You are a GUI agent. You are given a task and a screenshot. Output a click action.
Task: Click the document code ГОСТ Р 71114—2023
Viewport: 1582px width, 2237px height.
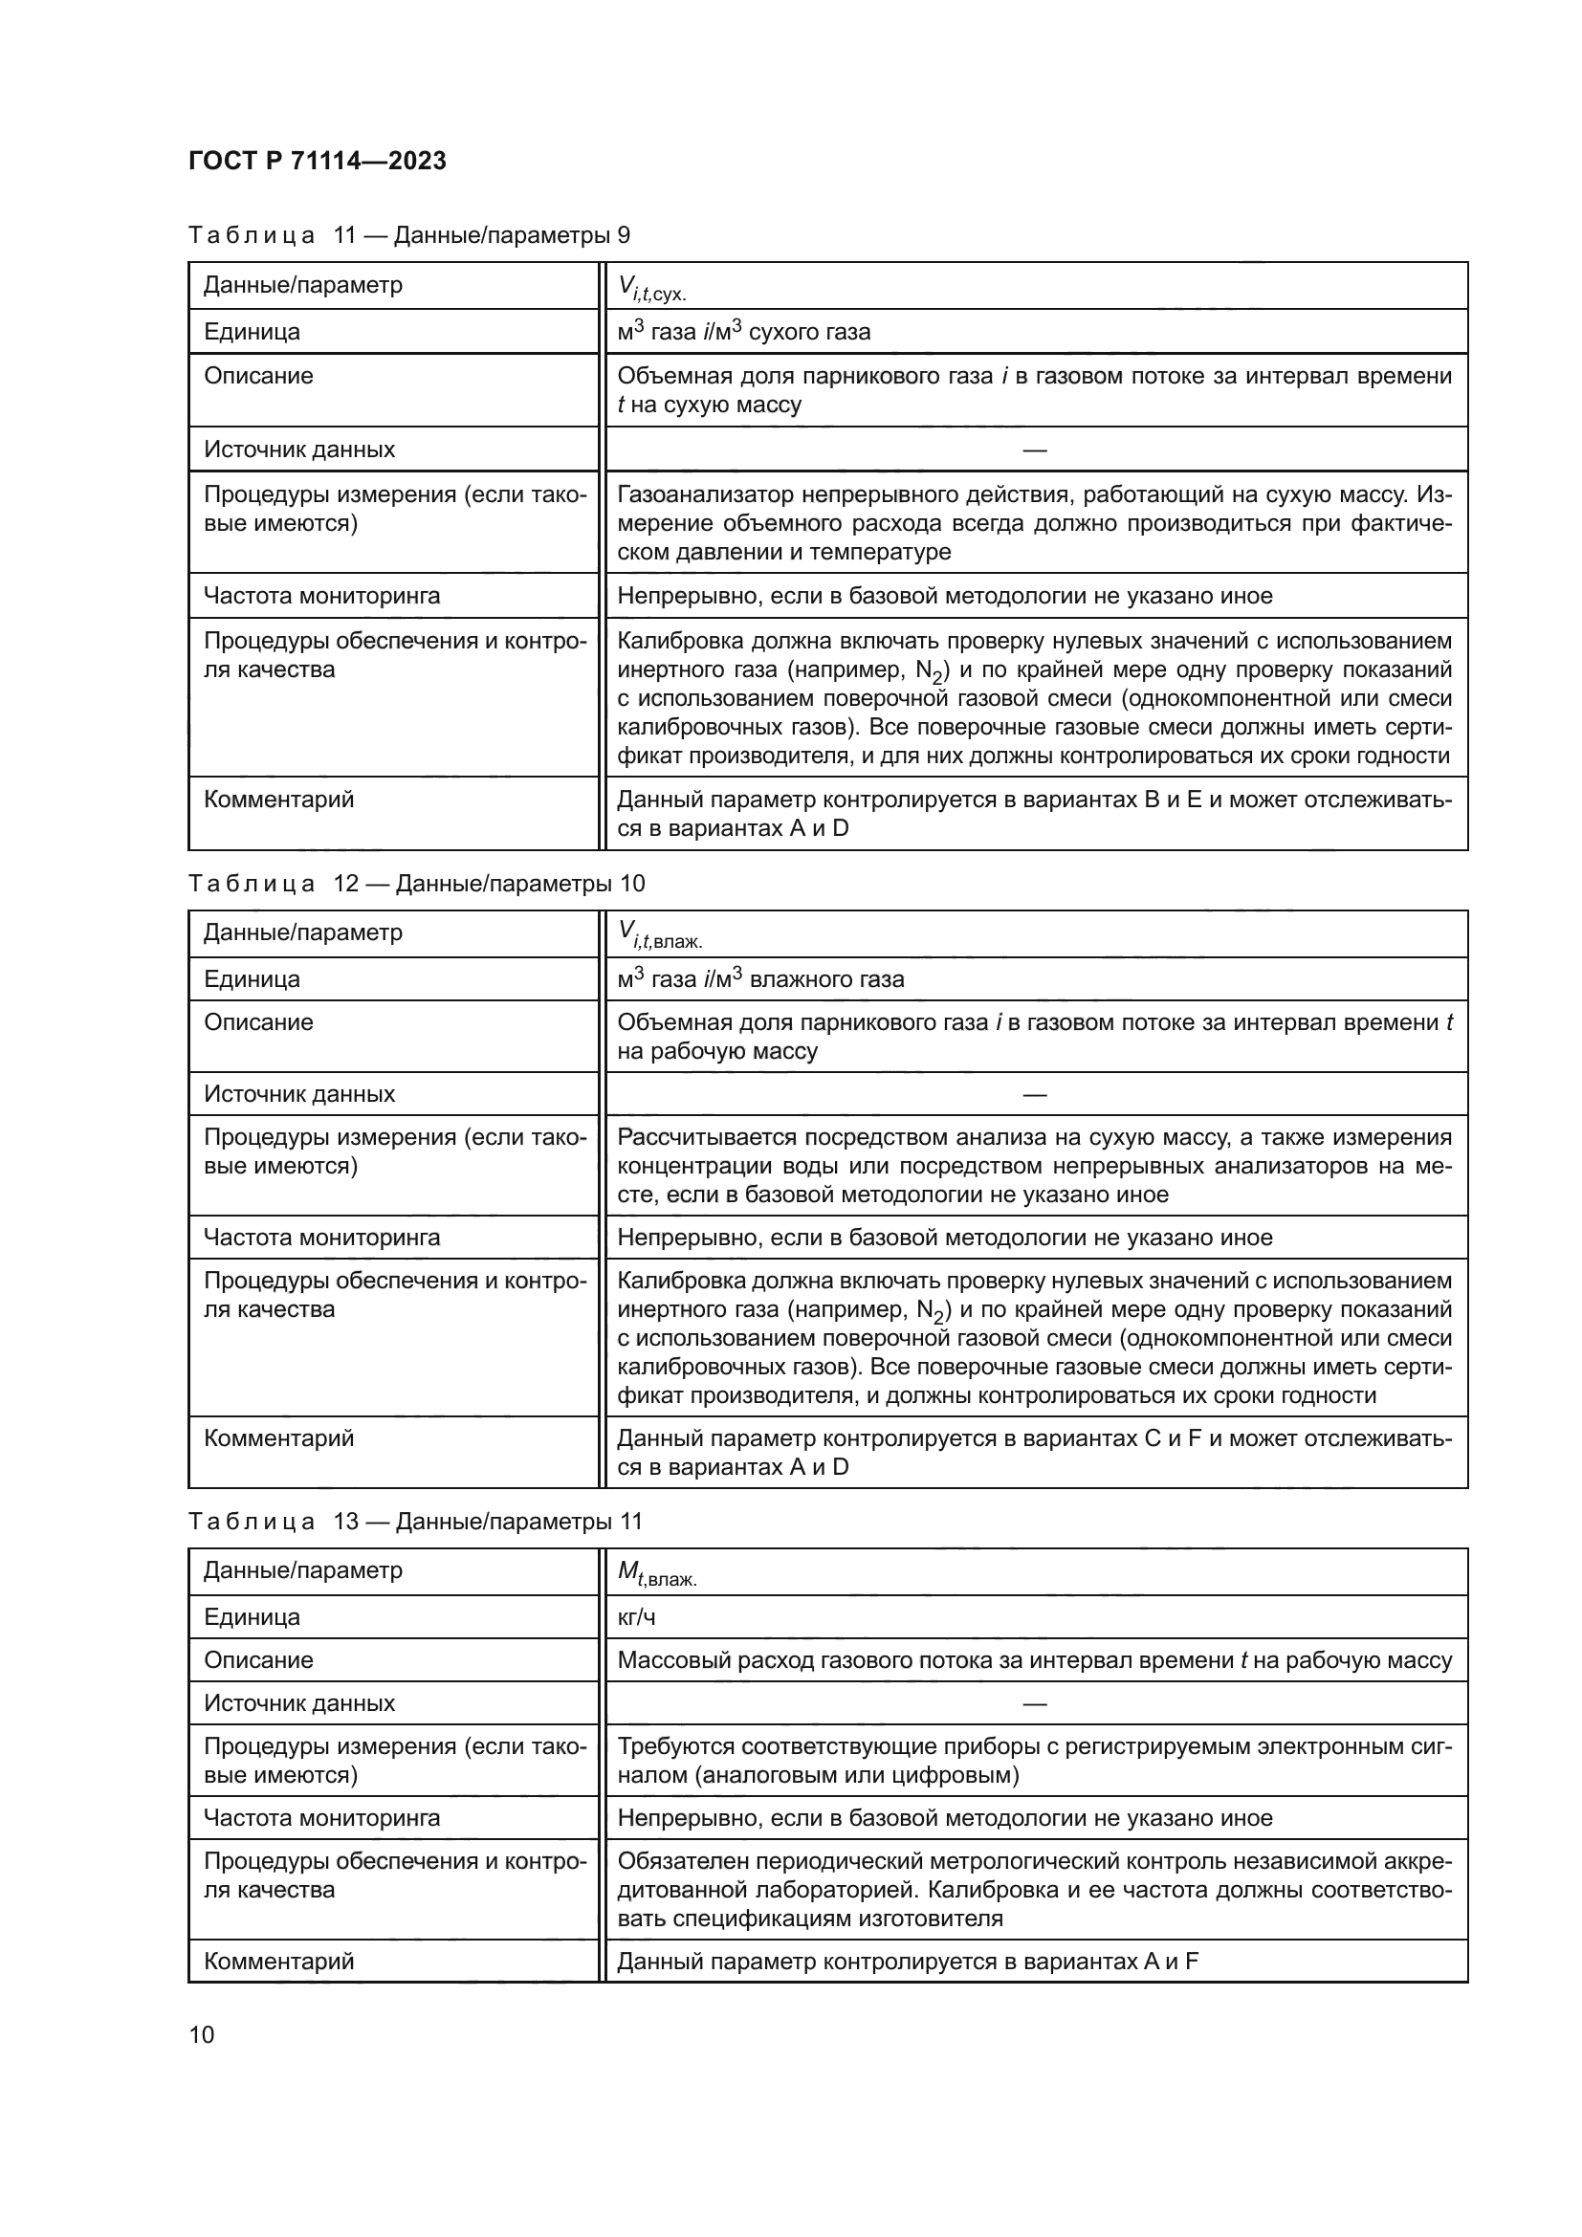pos(317,161)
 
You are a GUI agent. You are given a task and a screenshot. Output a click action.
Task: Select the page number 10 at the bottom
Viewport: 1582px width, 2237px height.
pos(202,2034)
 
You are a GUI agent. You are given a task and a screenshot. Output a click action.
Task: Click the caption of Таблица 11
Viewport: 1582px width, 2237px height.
pos(409,235)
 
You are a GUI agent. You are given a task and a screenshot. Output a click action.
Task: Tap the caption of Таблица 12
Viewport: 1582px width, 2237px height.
pos(416,884)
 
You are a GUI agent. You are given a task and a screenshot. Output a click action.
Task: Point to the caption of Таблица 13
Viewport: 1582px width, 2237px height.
pos(415,1522)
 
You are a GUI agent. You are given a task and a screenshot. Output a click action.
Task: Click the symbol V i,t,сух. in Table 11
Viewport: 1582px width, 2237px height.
pos(651,288)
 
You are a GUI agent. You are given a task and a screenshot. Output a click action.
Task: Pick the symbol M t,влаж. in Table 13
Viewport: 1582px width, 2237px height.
pos(656,1572)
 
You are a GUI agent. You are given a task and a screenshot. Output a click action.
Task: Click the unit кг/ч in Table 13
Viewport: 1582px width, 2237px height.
pos(636,1617)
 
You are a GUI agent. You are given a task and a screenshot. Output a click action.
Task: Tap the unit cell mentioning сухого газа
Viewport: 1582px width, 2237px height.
pos(743,331)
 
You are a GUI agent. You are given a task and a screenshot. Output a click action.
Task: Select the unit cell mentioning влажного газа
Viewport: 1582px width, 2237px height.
pos(759,979)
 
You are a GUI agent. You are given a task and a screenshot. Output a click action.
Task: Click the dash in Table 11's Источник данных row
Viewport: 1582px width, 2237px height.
pos(1035,450)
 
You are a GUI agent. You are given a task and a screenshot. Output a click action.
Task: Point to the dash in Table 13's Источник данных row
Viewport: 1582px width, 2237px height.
pos(1035,1703)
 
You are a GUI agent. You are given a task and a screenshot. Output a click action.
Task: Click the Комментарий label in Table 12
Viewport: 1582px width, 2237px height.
pos(278,1438)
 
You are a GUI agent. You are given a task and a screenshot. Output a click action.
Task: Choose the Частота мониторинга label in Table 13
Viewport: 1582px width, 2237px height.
pos(321,1818)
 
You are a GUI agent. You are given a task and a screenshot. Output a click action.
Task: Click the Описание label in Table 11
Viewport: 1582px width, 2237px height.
pos(258,376)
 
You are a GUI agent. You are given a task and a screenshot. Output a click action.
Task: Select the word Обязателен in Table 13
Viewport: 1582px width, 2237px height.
pos(672,1861)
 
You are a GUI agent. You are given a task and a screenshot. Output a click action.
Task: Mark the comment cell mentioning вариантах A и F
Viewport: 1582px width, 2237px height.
pos(906,1962)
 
